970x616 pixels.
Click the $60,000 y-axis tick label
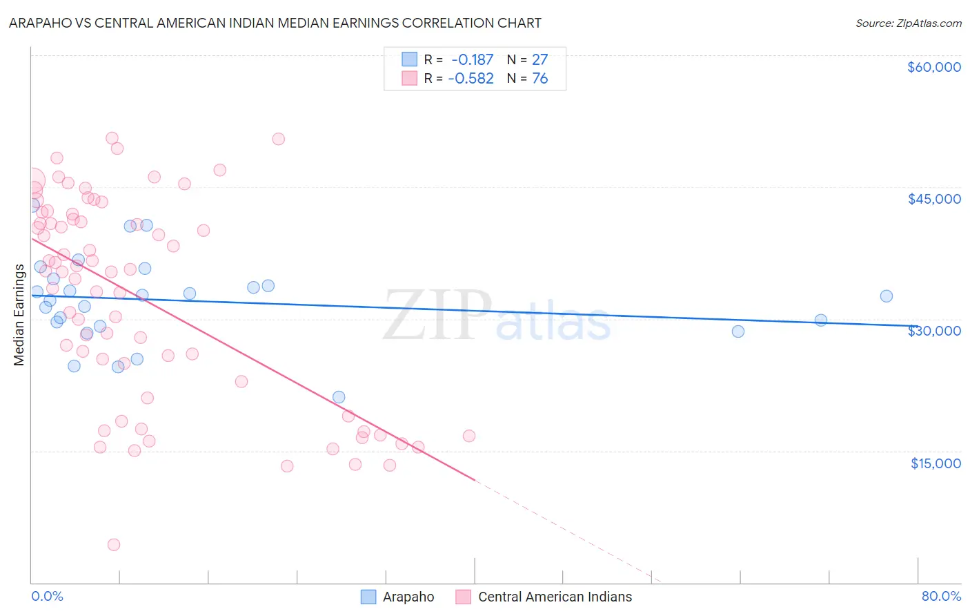[933, 67]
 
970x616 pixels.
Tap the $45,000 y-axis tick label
[933, 199]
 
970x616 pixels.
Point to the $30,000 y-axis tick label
[933, 331]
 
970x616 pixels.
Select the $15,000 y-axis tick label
[935, 463]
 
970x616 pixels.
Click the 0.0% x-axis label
[47, 596]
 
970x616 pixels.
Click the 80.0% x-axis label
[941, 596]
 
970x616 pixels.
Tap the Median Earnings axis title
[19, 314]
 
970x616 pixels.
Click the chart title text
[275, 23]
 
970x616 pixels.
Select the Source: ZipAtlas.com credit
[908, 23]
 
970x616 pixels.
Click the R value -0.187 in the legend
[472, 60]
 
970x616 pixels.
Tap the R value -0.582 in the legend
[471, 79]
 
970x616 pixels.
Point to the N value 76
[540, 79]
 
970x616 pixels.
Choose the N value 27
[540, 60]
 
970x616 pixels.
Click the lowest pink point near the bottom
[114, 545]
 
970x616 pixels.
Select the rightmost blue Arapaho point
[887, 296]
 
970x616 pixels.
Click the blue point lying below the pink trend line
[339, 397]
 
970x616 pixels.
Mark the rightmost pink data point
[469, 436]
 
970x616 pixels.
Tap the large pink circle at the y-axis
[32, 181]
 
